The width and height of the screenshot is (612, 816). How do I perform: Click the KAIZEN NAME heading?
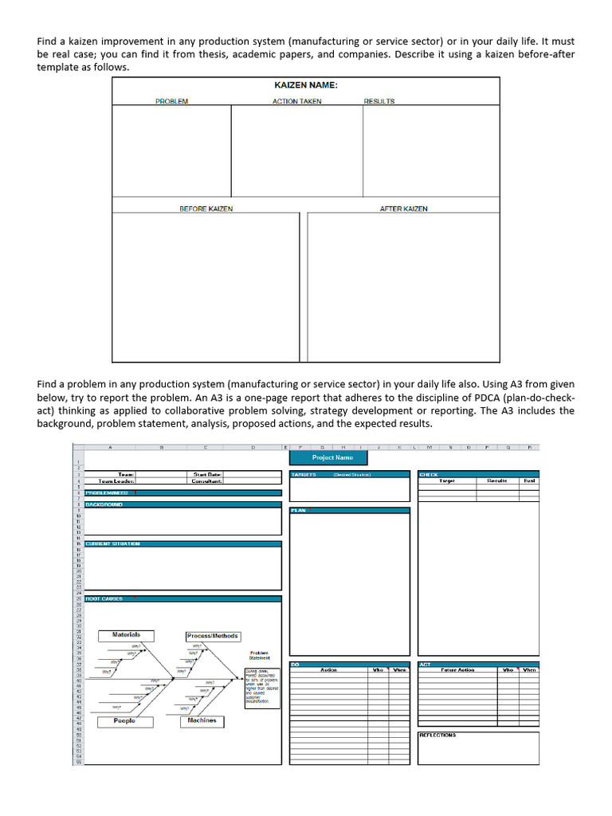click(306, 85)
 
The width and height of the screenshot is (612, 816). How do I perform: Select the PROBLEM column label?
click(171, 101)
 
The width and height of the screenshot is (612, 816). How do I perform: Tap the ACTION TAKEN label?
click(296, 101)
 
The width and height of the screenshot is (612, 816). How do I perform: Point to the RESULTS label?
click(379, 101)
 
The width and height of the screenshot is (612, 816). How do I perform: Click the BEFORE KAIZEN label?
click(206, 209)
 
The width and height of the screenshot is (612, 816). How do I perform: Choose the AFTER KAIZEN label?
click(403, 209)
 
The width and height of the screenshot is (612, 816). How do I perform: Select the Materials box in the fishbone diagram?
click(127, 635)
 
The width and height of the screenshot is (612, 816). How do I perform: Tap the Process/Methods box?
click(212, 636)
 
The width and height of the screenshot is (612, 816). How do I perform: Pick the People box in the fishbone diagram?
click(124, 720)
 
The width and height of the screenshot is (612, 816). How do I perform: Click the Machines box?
click(202, 720)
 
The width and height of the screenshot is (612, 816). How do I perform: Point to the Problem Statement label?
click(259, 655)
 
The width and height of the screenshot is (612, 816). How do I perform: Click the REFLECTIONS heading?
click(437, 735)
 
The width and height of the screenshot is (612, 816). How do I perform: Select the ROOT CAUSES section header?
click(104, 598)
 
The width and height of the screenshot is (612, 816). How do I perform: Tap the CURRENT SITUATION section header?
click(113, 543)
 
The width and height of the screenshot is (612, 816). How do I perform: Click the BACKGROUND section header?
click(104, 504)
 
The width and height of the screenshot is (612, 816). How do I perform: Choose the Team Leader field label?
click(116, 481)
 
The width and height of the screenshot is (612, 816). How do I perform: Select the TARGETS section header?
click(304, 474)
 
